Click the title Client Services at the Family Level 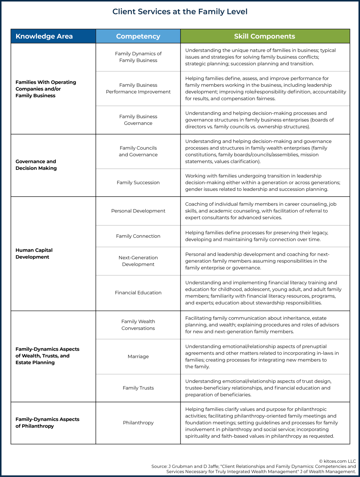click(x=180, y=12)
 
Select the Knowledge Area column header click(x=44, y=36)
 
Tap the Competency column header click(x=138, y=36)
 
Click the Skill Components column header click(x=265, y=36)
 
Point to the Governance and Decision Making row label click(x=36, y=165)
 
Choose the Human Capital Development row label click(x=34, y=253)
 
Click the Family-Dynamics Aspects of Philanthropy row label click(x=47, y=422)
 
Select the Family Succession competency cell click(x=138, y=183)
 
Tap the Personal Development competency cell click(x=138, y=211)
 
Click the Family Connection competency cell click(x=138, y=236)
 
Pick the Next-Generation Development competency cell click(x=138, y=261)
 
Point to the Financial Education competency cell click(x=138, y=293)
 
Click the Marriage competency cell click(x=138, y=357)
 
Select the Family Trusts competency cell click(x=138, y=388)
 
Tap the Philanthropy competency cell click(x=138, y=423)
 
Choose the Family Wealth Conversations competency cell click(x=138, y=325)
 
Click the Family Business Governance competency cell click(x=138, y=120)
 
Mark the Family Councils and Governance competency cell click(x=138, y=151)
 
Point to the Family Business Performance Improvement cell click(x=138, y=89)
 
